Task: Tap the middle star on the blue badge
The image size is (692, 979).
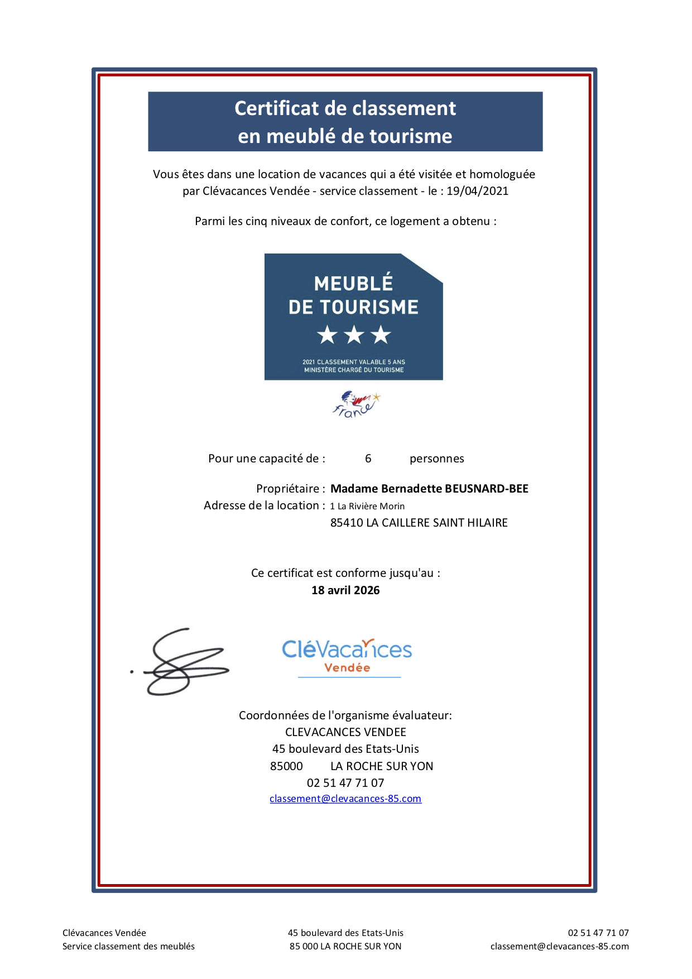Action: point(354,335)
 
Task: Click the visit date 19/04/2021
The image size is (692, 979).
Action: point(477,191)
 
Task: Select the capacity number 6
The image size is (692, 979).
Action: point(368,459)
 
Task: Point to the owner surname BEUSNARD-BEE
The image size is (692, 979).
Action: point(486,489)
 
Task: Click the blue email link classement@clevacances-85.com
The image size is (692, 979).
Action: point(345,799)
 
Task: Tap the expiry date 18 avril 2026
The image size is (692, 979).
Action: point(345,590)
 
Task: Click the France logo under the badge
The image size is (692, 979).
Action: point(355,404)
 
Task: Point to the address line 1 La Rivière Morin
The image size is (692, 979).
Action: point(367,506)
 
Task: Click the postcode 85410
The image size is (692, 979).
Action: point(346,523)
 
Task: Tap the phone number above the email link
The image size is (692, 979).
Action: point(345,783)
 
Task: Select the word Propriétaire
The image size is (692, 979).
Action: point(288,489)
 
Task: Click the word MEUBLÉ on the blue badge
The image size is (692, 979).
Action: point(353,284)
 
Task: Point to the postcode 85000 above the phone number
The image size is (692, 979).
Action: point(286,766)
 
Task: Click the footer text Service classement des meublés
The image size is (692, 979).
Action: point(128,946)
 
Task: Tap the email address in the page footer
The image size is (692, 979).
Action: point(559,946)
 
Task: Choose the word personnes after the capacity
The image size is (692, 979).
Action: point(436,459)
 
